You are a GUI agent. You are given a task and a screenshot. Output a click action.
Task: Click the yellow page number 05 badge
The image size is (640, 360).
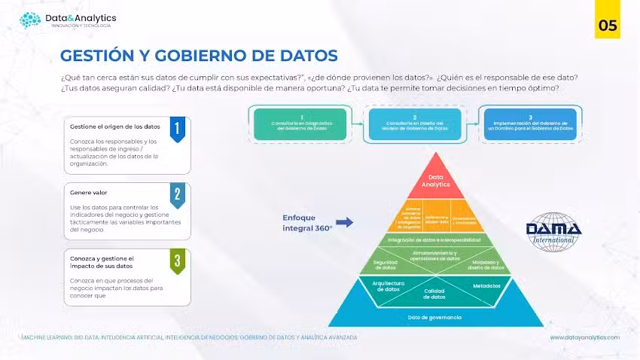(x=608, y=25)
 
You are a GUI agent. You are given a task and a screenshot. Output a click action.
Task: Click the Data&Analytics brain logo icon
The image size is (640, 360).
(x=30, y=20)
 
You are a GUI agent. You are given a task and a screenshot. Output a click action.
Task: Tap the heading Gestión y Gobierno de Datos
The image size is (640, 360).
(x=199, y=56)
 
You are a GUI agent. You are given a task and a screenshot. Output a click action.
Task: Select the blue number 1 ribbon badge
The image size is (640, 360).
(x=177, y=129)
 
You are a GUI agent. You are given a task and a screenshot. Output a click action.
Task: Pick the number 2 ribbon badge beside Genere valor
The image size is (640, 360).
(x=177, y=195)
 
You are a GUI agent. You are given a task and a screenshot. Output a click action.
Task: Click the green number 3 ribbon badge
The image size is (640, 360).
(x=177, y=261)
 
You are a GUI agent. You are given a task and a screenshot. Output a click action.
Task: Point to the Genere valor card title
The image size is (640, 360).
(x=89, y=193)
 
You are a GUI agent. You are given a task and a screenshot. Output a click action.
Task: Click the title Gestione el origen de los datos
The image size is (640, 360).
(x=114, y=127)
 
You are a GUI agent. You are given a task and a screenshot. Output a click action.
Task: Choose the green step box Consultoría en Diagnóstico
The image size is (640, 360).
(x=301, y=124)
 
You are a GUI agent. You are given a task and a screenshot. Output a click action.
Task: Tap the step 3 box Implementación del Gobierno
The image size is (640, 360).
(x=530, y=124)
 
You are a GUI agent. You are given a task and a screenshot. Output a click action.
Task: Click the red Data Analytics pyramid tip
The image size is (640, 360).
(x=434, y=179)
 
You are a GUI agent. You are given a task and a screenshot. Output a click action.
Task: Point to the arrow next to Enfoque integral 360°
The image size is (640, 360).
(x=344, y=222)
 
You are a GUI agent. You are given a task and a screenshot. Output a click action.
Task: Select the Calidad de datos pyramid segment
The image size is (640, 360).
(x=434, y=294)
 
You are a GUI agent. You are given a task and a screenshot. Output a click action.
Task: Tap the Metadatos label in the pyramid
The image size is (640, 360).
(x=486, y=286)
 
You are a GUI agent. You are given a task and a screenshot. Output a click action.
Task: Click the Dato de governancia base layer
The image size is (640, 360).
(x=434, y=317)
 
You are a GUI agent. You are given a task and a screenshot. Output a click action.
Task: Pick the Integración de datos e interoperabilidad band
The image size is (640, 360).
(x=434, y=239)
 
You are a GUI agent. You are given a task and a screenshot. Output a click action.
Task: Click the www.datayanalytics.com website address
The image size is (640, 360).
(x=584, y=337)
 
